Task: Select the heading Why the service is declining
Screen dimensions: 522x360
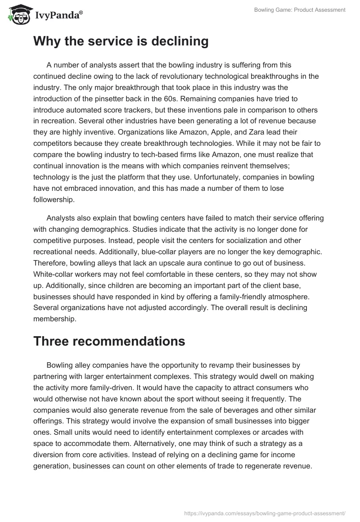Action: coord(121,41)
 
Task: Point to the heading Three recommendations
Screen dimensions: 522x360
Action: coord(109,341)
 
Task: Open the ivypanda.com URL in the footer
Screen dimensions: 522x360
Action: coord(265,513)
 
